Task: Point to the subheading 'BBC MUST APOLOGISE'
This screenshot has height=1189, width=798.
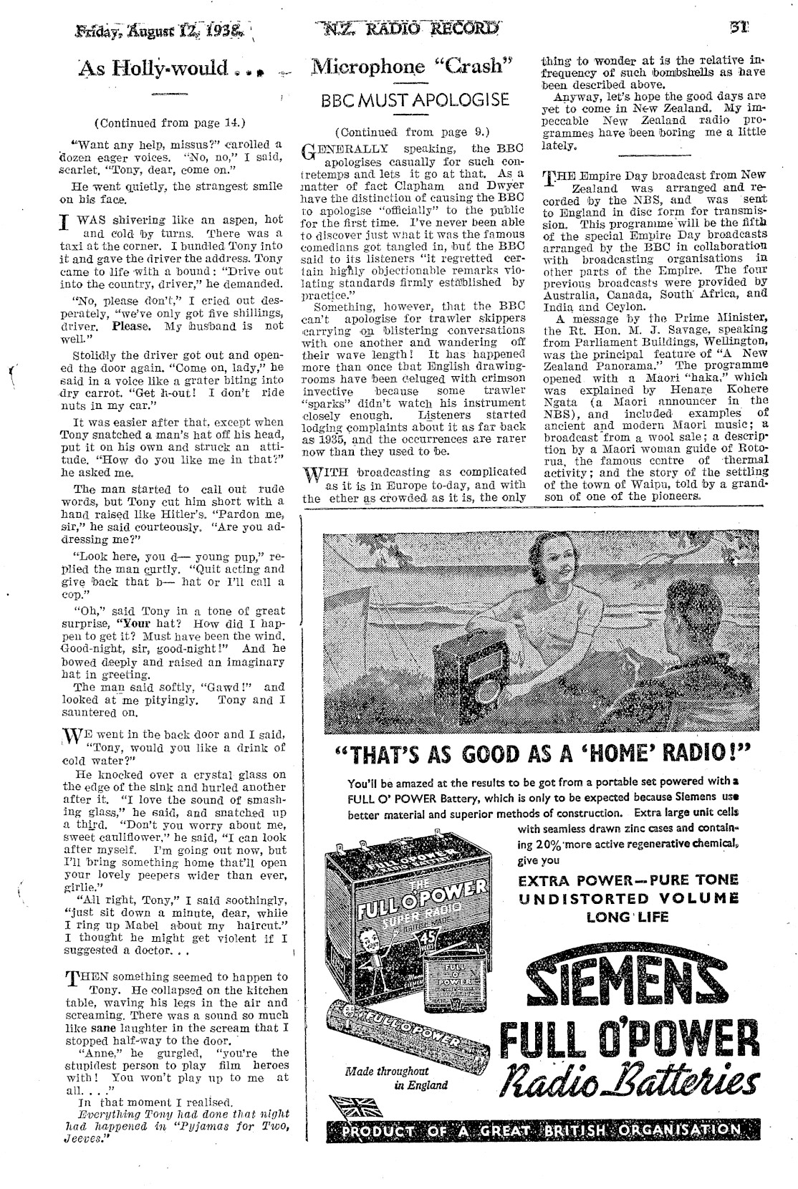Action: pos(415,100)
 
